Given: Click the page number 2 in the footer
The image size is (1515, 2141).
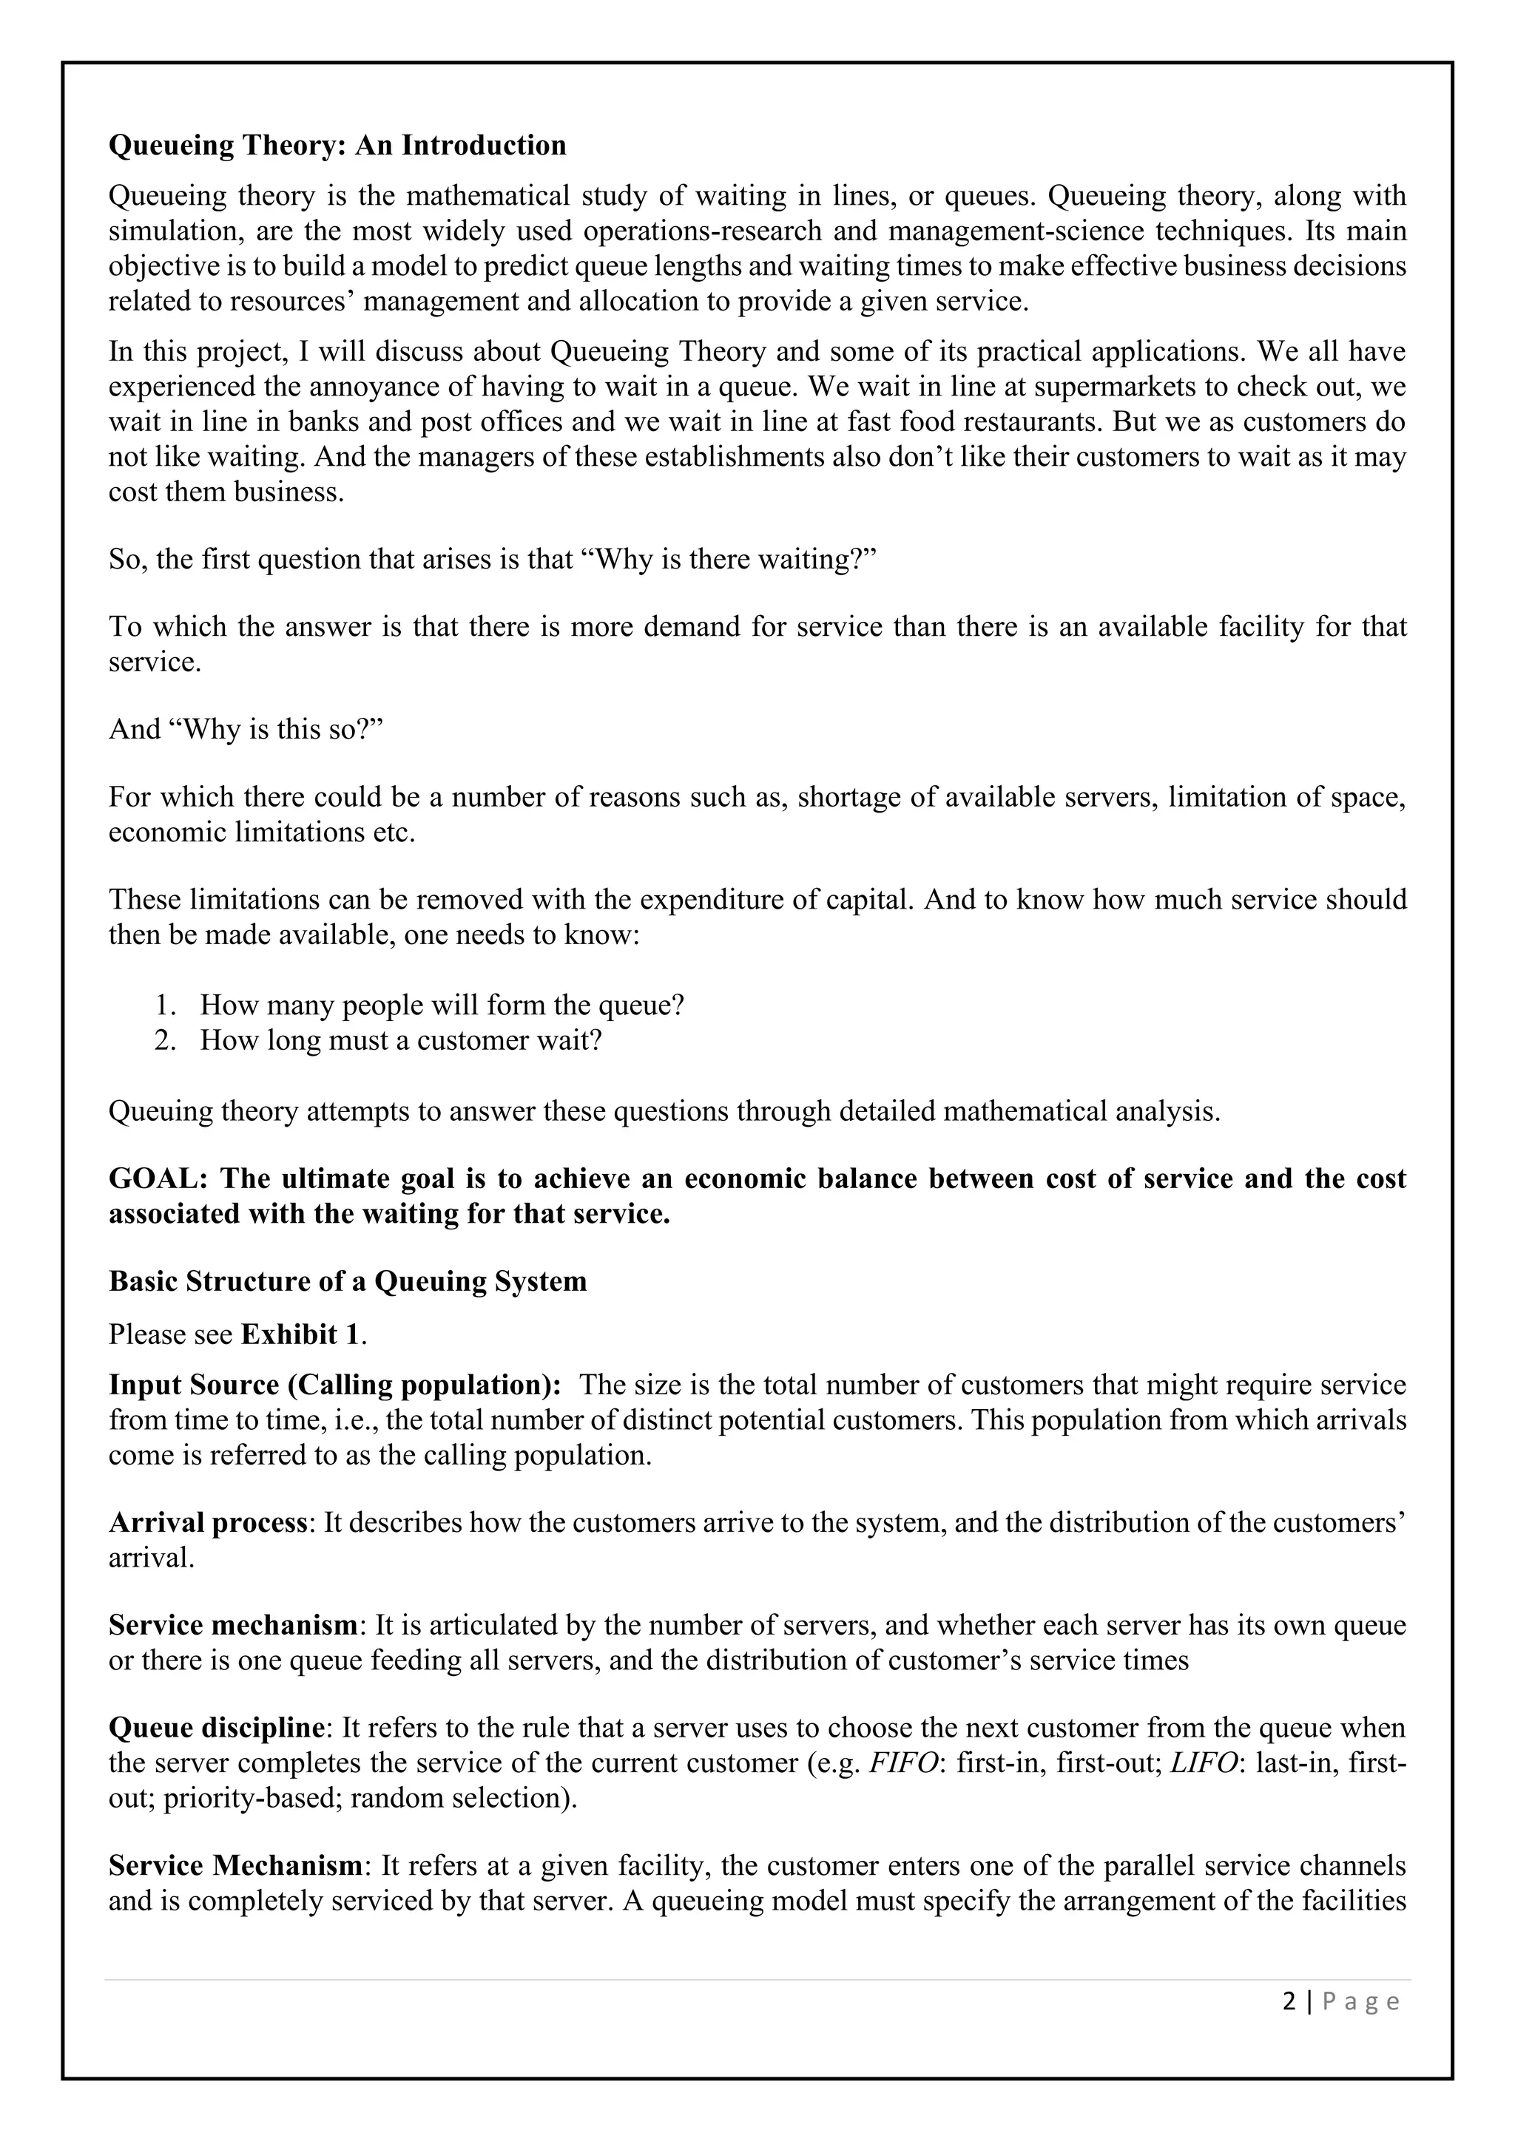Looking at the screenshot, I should [1289, 2002].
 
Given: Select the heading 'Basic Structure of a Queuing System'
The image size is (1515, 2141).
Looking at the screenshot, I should [347, 1281].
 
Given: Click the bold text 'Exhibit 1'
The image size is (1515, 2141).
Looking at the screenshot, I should [300, 1334].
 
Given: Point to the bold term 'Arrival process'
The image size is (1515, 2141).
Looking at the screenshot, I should [208, 1523].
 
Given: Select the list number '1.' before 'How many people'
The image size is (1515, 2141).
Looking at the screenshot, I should [165, 1005].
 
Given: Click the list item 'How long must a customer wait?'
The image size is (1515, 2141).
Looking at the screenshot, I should [400, 1039].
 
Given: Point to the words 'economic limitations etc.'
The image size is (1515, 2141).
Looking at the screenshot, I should [261, 832].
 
